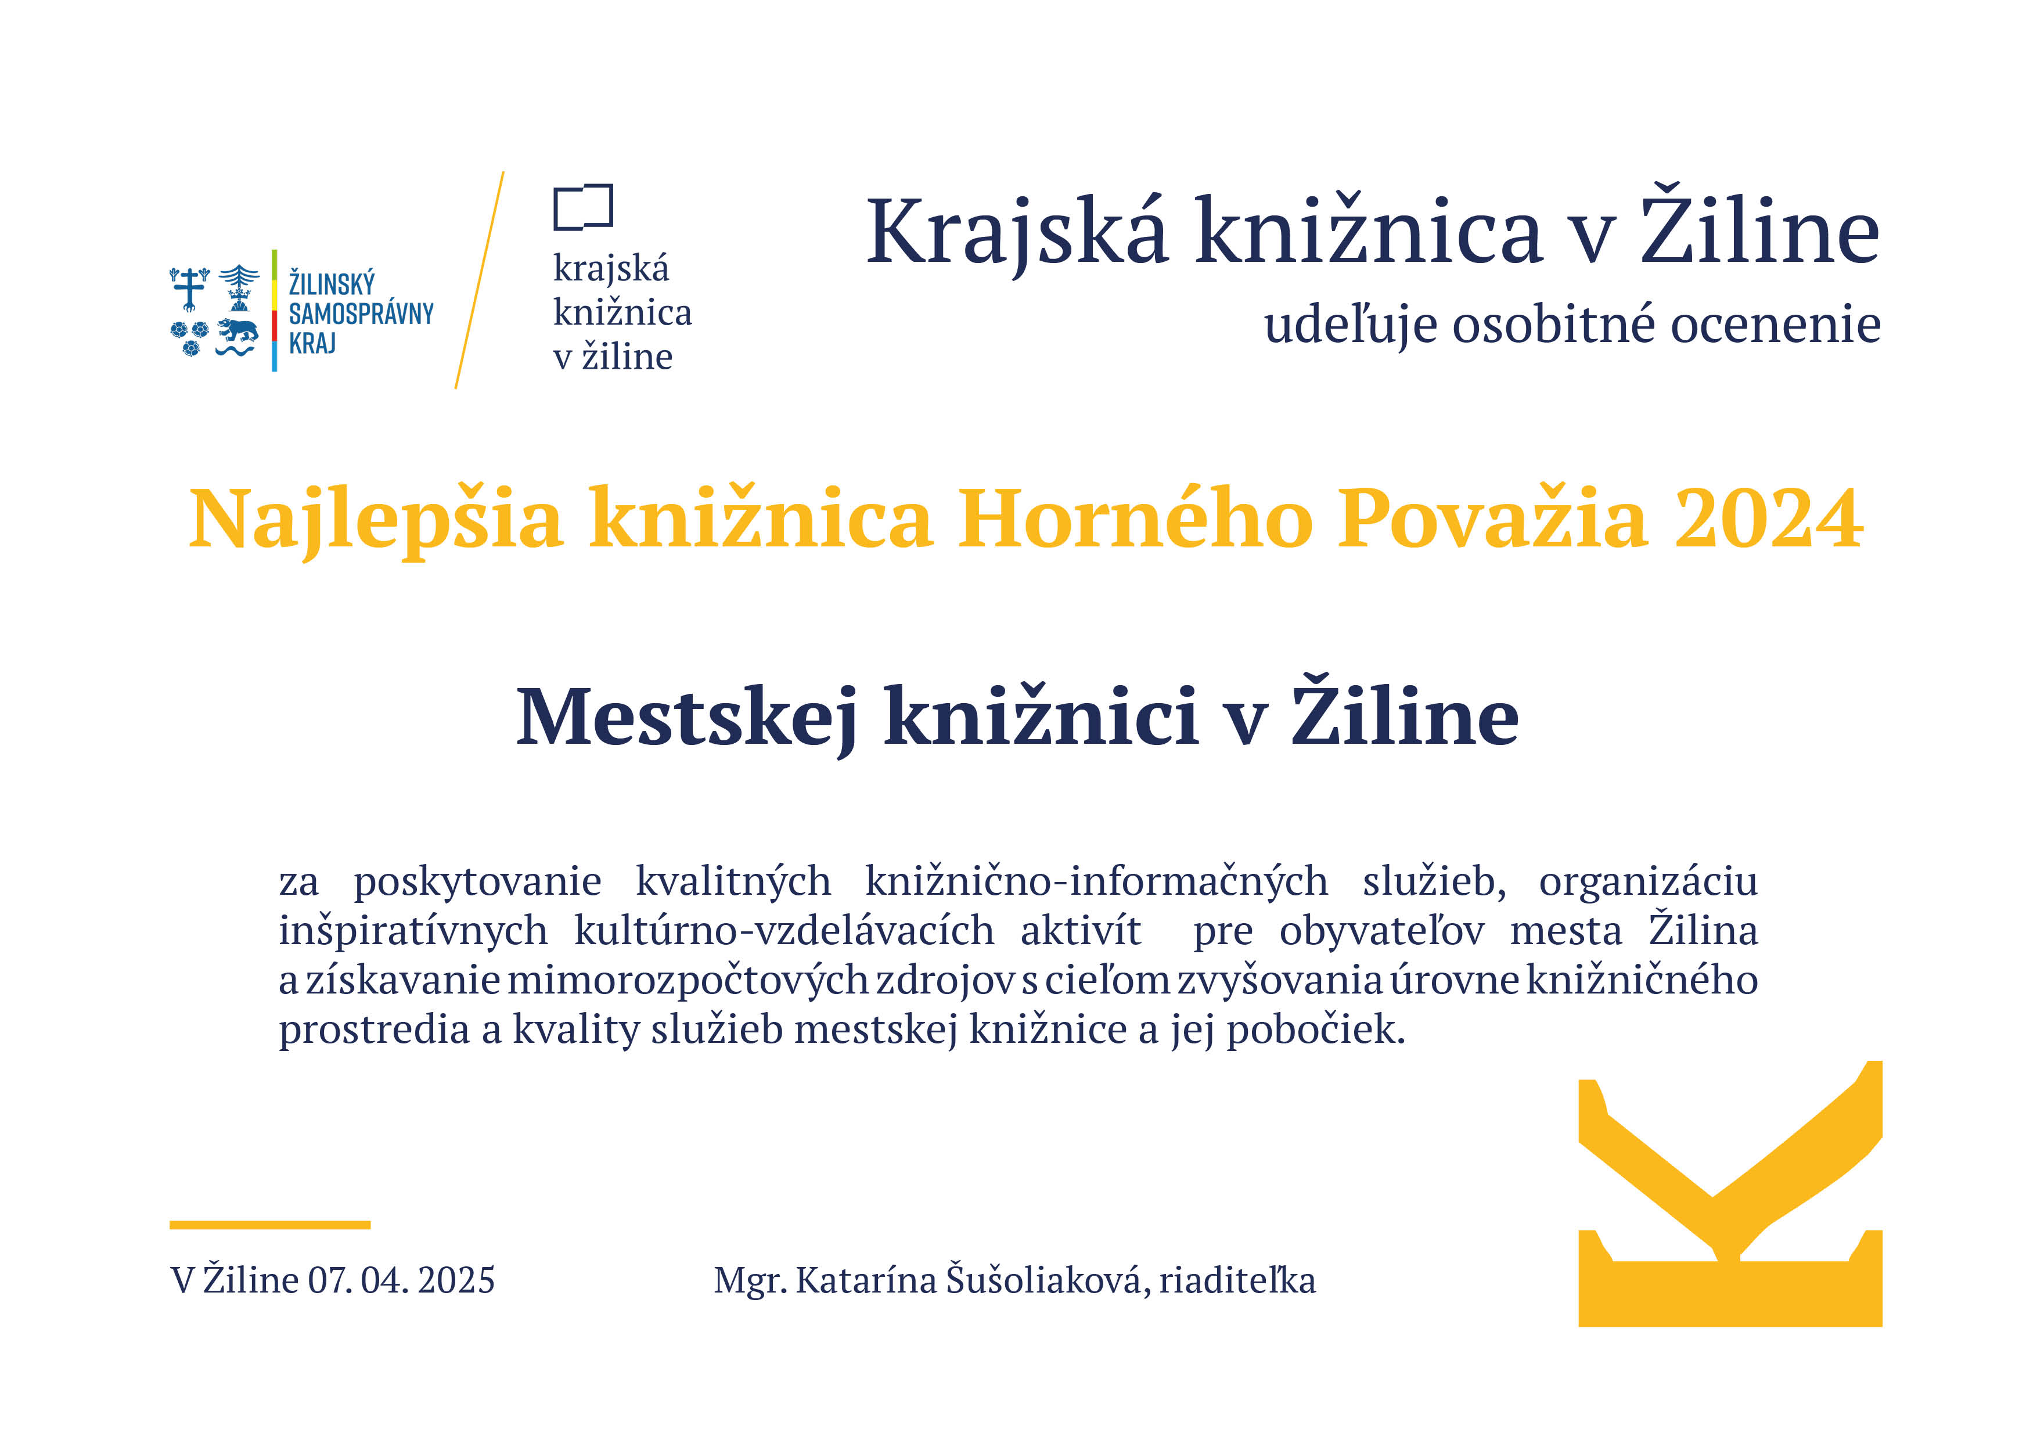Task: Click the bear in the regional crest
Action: pos(237,331)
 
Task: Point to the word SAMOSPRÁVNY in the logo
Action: pos(361,313)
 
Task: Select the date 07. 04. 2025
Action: pos(401,1280)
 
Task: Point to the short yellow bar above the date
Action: pos(269,1225)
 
